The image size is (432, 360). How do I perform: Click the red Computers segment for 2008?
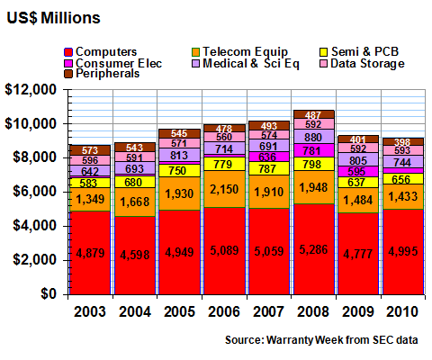pos(314,249)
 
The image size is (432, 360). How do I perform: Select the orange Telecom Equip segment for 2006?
pos(224,189)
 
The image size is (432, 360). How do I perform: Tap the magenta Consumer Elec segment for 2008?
pos(314,150)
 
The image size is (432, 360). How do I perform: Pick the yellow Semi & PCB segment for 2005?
pos(179,170)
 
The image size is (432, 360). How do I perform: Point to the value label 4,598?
pos(135,255)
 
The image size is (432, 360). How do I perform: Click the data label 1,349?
pos(90,199)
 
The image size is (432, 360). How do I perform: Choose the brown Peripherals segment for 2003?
pos(90,150)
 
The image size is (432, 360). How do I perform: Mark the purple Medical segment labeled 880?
pos(314,137)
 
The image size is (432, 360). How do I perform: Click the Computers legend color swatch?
pos(68,52)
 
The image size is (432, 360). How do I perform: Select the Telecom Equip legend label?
pos(245,51)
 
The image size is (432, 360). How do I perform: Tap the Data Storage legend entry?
pos(362,64)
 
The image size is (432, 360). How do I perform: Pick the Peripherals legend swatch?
pos(68,74)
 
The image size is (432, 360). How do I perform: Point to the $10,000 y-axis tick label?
pos(31,123)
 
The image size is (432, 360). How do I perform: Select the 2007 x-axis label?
pos(268,311)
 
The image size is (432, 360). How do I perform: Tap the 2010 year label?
pos(402,311)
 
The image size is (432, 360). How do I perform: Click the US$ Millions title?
pos(53,18)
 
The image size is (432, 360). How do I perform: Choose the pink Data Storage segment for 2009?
pos(358,148)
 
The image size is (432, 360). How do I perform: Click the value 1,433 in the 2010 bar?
pos(403,196)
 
